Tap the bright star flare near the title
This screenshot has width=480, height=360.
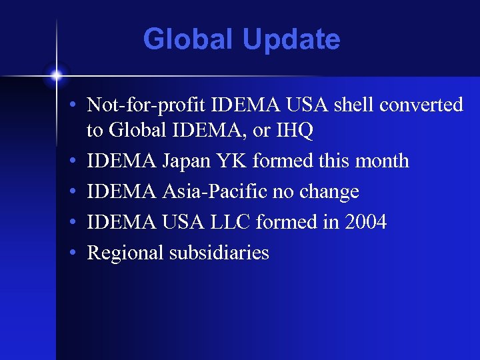coord(57,75)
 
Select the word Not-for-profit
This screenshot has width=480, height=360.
coord(147,105)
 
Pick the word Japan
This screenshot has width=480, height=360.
coord(183,161)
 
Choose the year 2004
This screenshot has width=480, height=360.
coord(365,222)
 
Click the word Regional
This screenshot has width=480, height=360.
coord(127,253)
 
